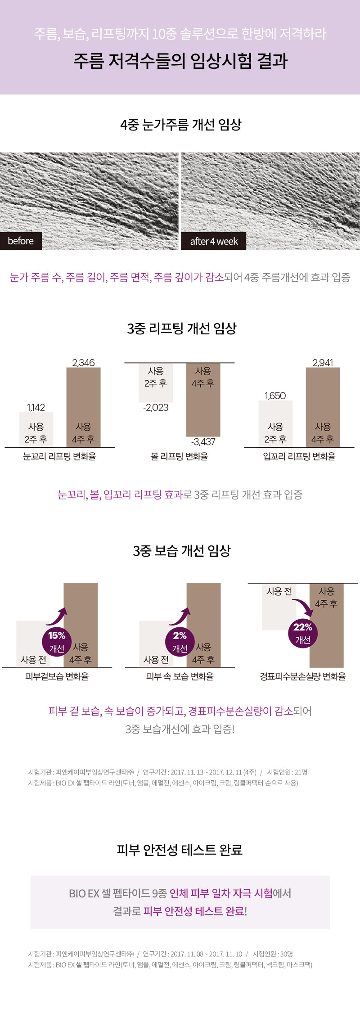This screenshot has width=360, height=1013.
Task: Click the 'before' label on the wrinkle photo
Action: (21, 241)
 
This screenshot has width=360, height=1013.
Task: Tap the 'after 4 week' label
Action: (214, 241)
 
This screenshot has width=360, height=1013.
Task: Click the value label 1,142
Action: (36, 407)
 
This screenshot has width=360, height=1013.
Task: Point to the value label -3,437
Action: (203, 441)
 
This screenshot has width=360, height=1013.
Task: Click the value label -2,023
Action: (156, 408)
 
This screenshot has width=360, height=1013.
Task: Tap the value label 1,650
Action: (275, 396)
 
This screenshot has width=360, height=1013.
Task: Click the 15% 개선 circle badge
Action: (57, 641)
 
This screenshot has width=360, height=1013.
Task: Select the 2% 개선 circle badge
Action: (180, 641)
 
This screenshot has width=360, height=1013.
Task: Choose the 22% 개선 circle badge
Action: (303, 633)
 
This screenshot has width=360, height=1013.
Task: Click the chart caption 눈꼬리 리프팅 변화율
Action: (60, 456)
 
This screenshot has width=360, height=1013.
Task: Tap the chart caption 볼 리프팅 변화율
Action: (180, 456)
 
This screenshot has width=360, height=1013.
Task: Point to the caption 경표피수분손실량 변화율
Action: (303, 676)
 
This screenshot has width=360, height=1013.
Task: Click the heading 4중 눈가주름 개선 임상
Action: (180, 124)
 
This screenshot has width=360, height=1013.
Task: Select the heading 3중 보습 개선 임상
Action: (181, 550)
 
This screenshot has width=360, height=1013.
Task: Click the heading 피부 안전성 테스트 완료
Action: (180, 850)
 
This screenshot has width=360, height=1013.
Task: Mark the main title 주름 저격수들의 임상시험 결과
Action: (180, 61)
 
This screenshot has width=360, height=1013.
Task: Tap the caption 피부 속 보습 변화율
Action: (180, 676)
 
